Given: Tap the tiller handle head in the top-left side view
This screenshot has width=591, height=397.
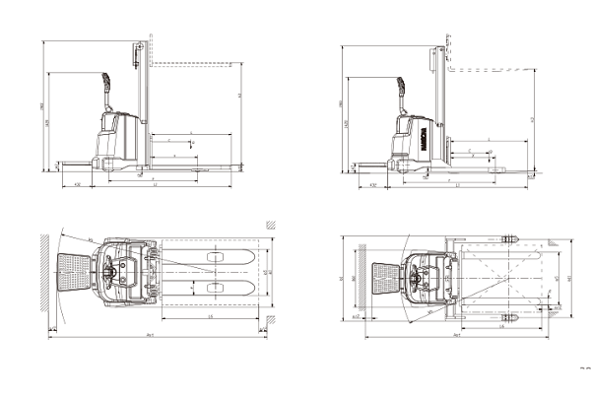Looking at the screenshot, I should [106, 80].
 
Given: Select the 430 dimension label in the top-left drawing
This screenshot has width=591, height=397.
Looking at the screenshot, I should [78, 184].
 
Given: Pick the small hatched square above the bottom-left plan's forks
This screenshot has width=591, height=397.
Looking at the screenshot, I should [267, 225].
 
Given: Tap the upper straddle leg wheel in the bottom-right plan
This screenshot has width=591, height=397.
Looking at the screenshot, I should [509, 240].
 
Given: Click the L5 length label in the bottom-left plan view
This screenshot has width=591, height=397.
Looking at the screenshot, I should [212, 316].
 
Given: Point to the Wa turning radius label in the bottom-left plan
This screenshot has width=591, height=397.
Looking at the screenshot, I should [92, 239].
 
